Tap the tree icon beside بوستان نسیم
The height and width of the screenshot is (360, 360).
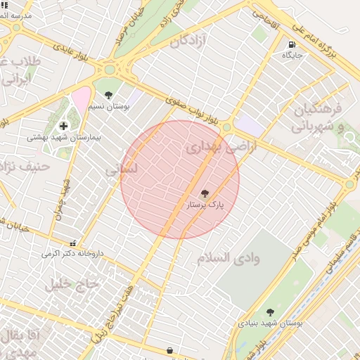[108, 94]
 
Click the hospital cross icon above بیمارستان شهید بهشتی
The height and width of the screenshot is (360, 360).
[63, 126]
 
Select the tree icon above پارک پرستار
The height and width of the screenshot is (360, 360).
[205, 193]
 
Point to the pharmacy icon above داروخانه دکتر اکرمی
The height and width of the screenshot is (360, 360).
[72, 243]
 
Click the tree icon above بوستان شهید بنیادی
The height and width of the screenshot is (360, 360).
[270, 312]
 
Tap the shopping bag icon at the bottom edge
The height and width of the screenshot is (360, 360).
[169, 350]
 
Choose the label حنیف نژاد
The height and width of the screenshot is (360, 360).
[25, 167]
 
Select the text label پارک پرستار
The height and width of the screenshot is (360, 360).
[205, 205]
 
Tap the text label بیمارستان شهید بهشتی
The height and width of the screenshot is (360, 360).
[63, 137]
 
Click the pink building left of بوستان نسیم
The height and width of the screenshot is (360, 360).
[82, 98]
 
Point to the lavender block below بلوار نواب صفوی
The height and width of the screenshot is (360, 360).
[249, 126]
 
